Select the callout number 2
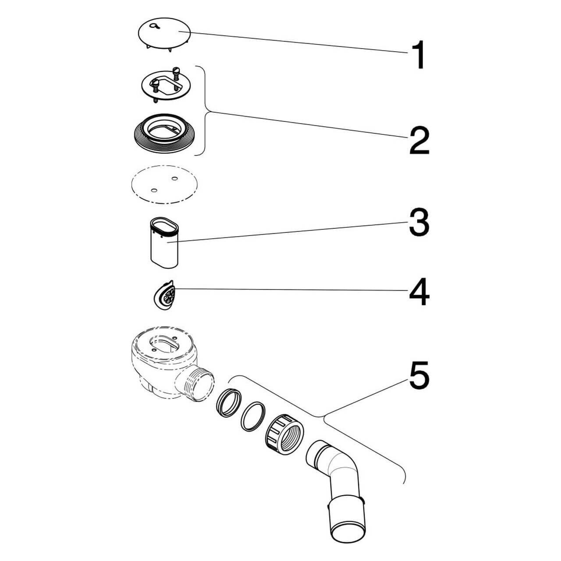[419, 139]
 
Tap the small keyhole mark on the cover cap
[153, 26]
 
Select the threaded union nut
[284, 434]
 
